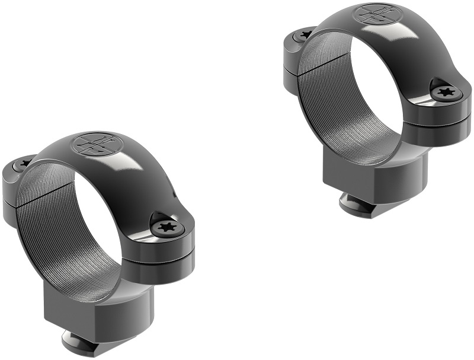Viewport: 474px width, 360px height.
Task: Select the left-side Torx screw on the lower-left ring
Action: tap(24, 163)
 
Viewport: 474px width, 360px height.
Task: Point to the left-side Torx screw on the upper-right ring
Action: tap(306, 35)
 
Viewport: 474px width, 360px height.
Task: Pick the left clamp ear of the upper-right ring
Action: tap(293, 53)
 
